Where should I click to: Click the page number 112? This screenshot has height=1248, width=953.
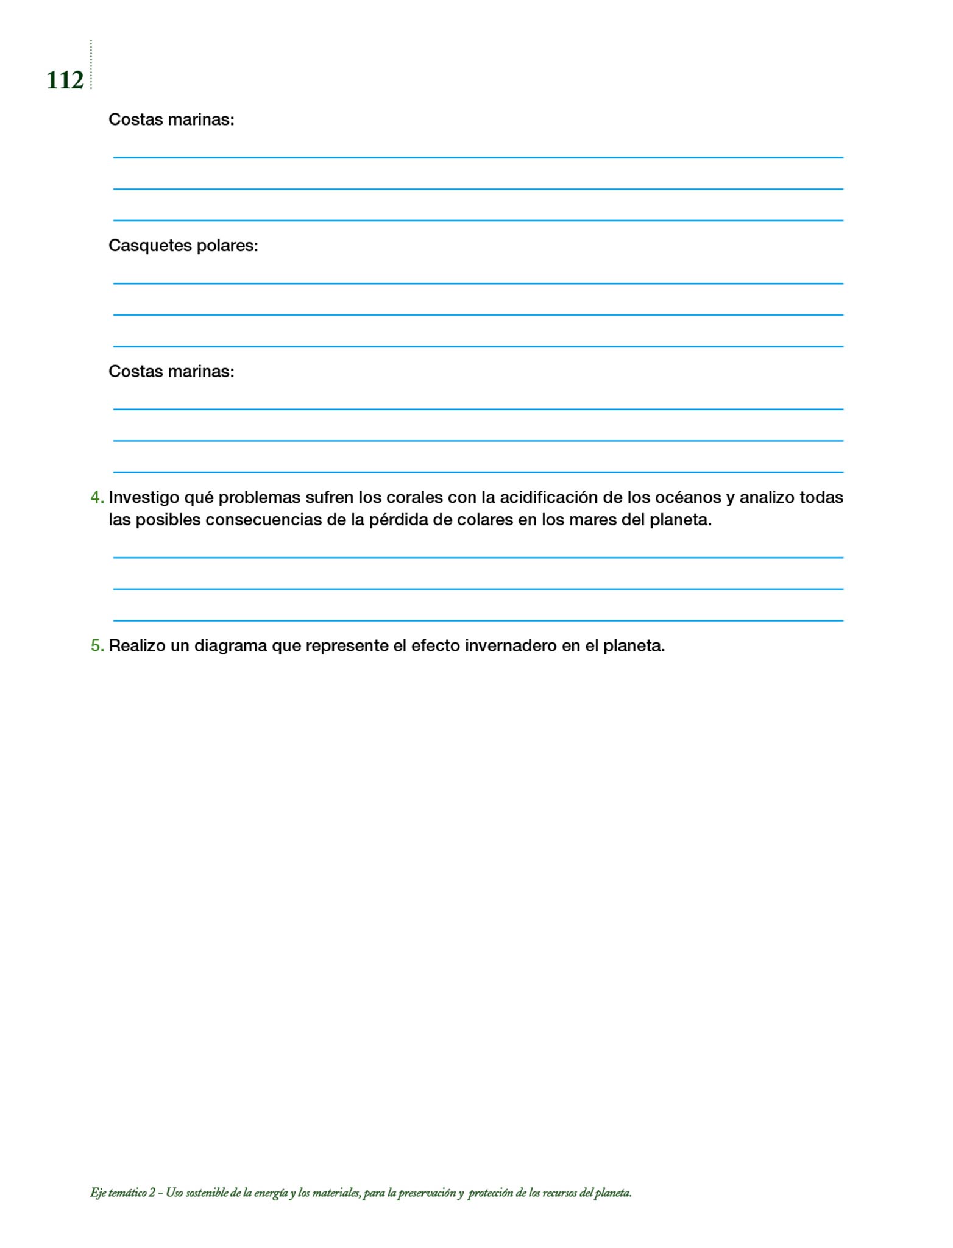65,80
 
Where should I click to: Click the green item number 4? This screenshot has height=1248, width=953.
96,497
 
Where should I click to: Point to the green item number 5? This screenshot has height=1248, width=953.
96,645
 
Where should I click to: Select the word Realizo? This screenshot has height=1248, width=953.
137,645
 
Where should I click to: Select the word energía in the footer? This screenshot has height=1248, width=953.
271,1193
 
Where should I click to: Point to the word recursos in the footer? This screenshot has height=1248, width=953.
559,1193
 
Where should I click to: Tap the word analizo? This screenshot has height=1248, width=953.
767,497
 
